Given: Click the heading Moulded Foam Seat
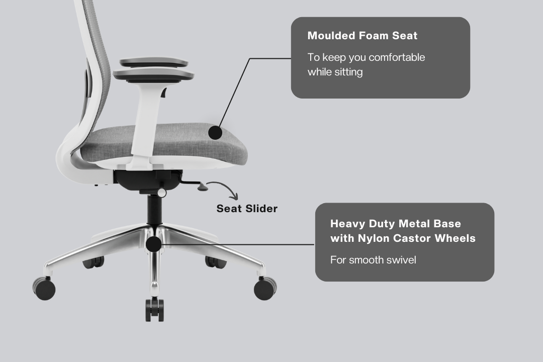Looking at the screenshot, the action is (x=362, y=36).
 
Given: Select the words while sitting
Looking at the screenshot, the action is (x=335, y=72).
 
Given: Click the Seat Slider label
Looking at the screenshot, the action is (x=247, y=209).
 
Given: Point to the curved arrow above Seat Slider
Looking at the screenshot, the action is (x=226, y=186).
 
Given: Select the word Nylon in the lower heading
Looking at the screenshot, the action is (x=374, y=238).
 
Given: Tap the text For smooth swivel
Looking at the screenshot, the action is (x=373, y=260).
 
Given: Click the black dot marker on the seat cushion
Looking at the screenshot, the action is (x=215, y=132).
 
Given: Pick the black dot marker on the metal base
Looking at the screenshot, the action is (x=153, y=244).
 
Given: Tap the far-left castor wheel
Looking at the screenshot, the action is (x=44, y=288).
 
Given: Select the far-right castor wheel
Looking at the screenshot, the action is (x=265, y=288).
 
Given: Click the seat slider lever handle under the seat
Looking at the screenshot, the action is (x=203, y=187).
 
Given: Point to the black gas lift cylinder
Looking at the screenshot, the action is (x=154, y=209).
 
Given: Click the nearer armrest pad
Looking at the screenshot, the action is (x=153, y=74).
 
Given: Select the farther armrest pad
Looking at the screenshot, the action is (x=154, y=63).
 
